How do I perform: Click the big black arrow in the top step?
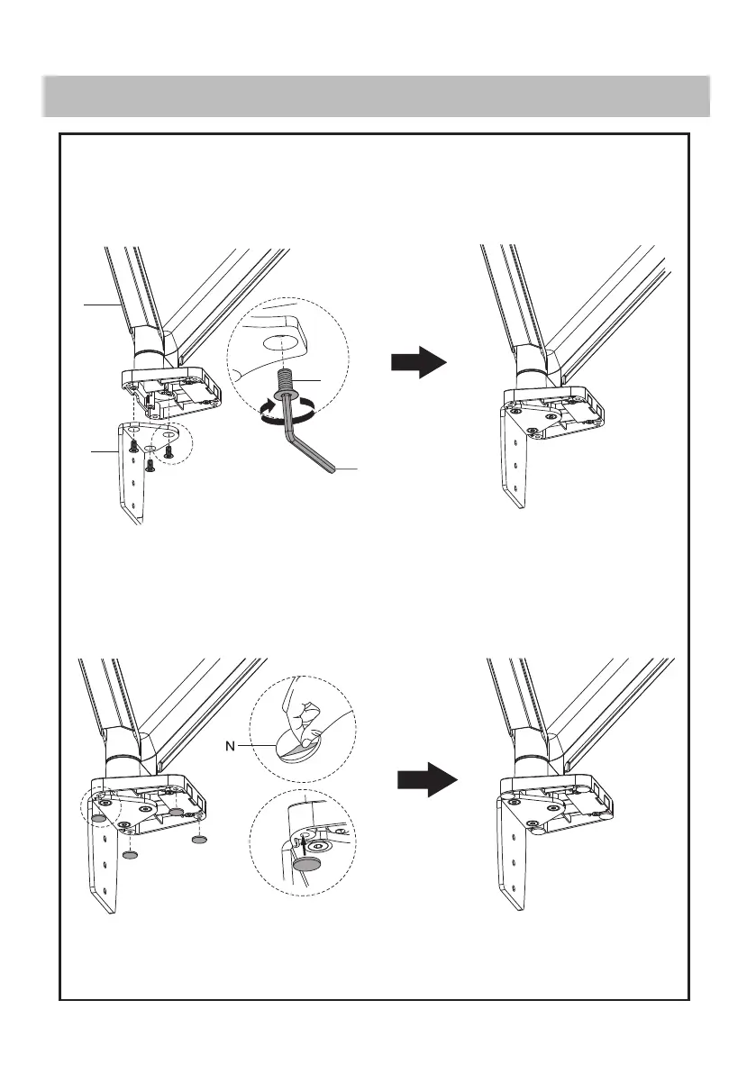coord(419,363)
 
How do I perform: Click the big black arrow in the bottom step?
coord(426,778)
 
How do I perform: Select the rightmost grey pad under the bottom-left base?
coord(200,839)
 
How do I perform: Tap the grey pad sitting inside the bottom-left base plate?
coord(177,812)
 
